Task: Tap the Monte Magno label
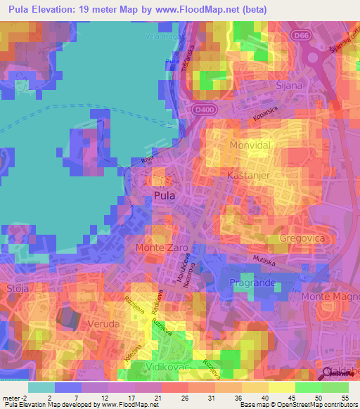[330, 297]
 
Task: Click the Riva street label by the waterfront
[148, 160]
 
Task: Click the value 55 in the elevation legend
[346, 398]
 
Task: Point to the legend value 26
[183, 398]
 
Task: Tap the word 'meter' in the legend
[10, 398]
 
